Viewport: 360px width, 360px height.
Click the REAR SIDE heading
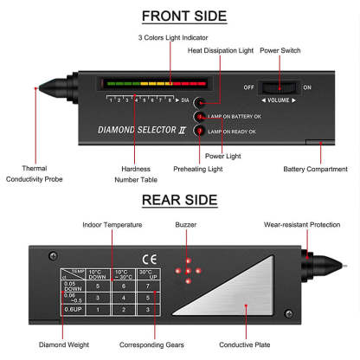(x=180, y=200)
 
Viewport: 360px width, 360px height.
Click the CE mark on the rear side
(x=148, y=258)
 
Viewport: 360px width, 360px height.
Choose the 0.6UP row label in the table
(x=74, y=308)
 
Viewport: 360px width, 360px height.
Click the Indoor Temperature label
(x=112, y=224)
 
